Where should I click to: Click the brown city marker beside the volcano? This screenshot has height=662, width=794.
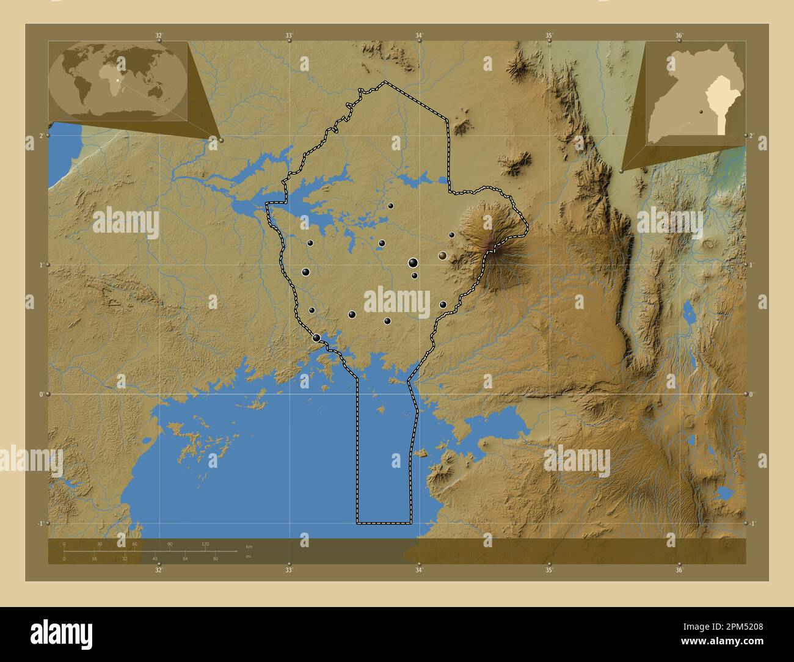(x=442, y=256)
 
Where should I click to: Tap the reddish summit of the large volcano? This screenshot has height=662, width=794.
(x=490, y=246)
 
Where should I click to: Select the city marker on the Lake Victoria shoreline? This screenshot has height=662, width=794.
(x=316, y=338)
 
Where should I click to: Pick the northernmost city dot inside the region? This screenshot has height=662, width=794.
(x=390, y=206)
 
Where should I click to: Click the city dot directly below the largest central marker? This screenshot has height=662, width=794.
(x=414, y=275)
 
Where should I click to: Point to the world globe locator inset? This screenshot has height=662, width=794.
(x=118, y=79)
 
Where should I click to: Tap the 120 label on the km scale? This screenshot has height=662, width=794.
(x=205, y=544)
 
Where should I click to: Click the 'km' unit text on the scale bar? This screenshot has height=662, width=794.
(x=249, y=546)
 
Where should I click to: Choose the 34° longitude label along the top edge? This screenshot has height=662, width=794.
(x=419, y=35)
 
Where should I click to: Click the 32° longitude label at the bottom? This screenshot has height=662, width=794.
(x=159, y=570)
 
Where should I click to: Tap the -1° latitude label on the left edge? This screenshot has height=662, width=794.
(x=41, y=523)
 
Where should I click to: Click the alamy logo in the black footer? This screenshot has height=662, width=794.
(x=61, y=633)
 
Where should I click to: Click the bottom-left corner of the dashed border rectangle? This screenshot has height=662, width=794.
(x=357, y=523)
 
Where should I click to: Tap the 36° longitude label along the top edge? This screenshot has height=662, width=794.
(x=679, y=35)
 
